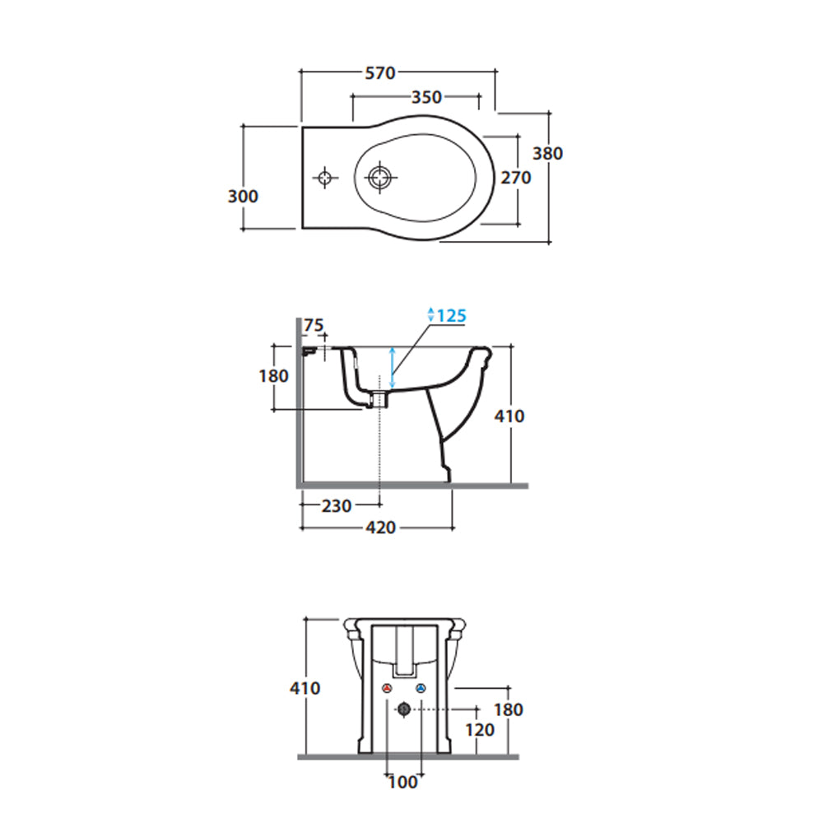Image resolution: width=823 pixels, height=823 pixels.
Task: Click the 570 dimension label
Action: pos(380,73)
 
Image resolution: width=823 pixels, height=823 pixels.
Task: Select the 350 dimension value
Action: pos(426,97)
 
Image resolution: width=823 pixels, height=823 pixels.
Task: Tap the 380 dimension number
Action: pos(547,153)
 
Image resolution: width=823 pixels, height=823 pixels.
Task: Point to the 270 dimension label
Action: pos(516,178)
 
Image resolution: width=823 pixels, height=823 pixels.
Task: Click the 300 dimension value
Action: pos(243,197)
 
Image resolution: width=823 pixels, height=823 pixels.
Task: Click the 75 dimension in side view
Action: pos(314,325)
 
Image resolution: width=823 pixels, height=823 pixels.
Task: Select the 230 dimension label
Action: pos(337,506)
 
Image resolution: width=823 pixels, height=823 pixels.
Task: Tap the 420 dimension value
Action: pos(380,528)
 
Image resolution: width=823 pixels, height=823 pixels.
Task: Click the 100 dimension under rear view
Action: pos(403,782)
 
